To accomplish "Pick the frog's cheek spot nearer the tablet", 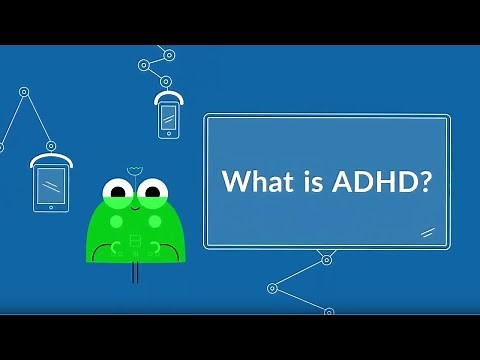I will click(114, 220).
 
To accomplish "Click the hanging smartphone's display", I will click(168, 119).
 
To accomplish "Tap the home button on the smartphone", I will click(168, 135).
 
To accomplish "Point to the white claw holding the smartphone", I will click(168, 97).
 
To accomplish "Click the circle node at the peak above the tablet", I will click(21, 93).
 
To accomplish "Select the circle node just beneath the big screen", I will click(325, 260).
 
